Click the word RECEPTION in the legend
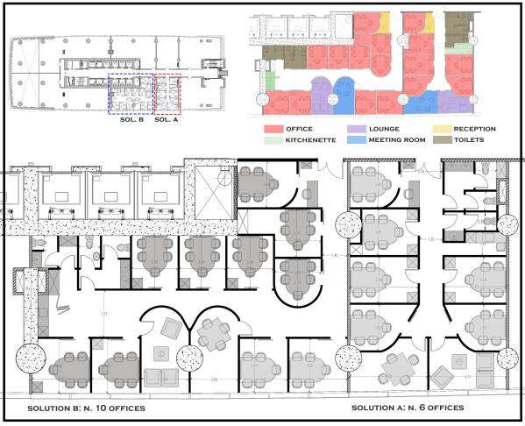click(x=470, y=129)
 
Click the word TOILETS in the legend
click(x=461, y=139)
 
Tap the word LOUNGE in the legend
click(x=384, y=129)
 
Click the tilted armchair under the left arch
click(x=169, y=327)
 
